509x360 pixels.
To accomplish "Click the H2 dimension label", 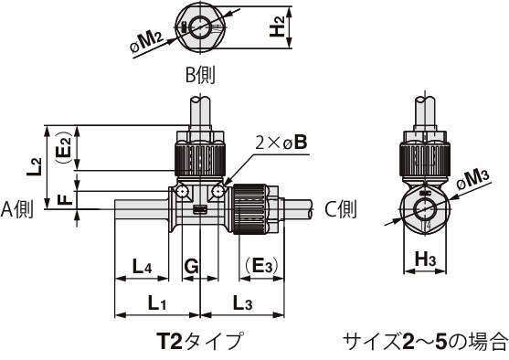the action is (277, 26).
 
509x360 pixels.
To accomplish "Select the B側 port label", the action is (200, 75).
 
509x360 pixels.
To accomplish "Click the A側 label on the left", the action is (17, 209).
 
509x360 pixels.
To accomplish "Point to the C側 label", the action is (340, 209).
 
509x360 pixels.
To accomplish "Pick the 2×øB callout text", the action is (281, 143).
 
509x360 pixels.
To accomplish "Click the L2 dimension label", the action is (35, 167).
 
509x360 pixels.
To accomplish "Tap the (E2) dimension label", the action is (64, 148).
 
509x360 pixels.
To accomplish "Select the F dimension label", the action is (67, 199).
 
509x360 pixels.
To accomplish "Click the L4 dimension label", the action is (142, 267).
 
